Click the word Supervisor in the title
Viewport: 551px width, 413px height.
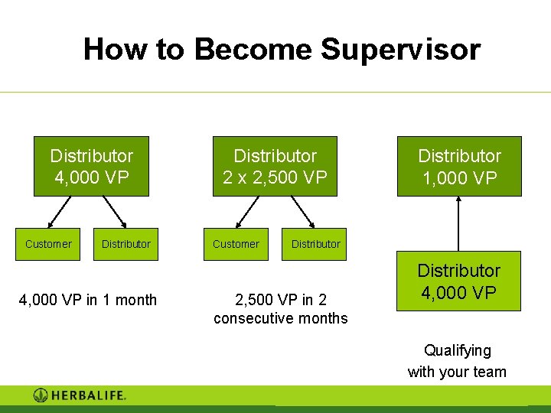point(400,49)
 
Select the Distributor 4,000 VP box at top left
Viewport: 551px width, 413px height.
point(91,167)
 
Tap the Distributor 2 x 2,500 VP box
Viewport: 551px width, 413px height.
point(275,167)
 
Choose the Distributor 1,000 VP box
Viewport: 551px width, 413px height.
point(458,167)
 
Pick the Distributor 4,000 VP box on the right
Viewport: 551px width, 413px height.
point(458,281)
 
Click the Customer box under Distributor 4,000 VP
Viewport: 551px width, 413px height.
point(48,244)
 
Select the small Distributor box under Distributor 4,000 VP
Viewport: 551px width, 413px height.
point(126,244)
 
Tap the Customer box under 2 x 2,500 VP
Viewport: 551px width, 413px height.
point(236,244)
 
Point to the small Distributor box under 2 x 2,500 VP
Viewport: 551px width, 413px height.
point(315,244)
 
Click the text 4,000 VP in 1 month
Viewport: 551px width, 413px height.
point(87,300)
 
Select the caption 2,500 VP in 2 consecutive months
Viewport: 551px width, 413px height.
point(280,309)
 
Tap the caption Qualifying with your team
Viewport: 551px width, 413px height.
point(457,361)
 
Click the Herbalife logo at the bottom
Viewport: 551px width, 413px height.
point(80,395)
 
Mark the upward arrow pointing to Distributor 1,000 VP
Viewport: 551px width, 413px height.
point(458,223)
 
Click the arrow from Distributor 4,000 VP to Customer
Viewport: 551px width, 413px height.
point(60,212)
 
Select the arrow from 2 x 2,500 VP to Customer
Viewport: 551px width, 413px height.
point(246,212)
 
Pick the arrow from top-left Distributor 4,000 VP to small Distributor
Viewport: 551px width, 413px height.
point(115,212)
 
